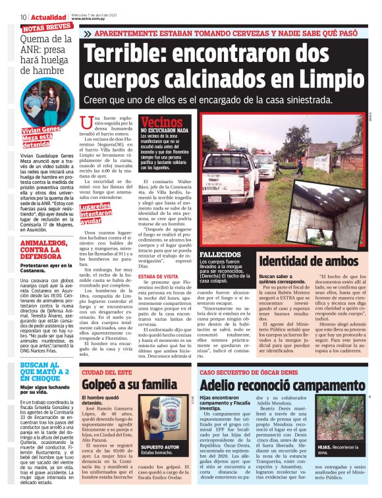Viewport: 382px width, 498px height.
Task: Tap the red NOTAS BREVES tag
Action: pyautogui.click(x=47, y=28)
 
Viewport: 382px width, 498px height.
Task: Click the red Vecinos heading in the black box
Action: pyautogui.click(x=161, y=122)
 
